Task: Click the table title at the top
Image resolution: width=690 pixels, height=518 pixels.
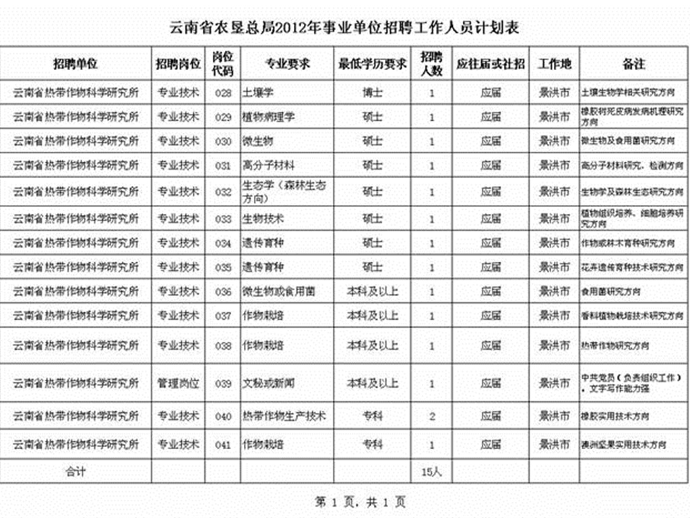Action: (x=344, y=28)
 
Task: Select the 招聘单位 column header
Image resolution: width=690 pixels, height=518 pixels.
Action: (x=75, y=63)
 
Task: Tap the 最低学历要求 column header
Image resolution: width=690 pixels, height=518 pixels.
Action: (x=373, y=63)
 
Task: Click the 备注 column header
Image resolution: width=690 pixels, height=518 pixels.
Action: (x=633, y=63)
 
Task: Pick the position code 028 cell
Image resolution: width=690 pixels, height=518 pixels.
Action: (x=223, y=92)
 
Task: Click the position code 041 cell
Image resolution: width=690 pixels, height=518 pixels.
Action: (x=223, y=445)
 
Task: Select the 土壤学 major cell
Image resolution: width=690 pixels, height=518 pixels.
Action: (x=257, y=92)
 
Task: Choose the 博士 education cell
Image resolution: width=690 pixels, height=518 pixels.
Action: (x=373, y=92)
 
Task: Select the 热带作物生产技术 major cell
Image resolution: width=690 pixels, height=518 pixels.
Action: (x=284, y=416)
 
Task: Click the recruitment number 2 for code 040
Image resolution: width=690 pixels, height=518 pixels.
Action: (x=432, y=416)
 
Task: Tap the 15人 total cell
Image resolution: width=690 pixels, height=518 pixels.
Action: (x=432, y=472)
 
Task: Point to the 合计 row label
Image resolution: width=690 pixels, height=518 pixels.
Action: (x=75, y=472)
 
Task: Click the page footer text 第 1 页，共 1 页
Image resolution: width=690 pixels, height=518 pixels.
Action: (x=360, y=502)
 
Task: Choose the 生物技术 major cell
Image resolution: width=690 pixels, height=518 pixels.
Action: (x=263, y=219)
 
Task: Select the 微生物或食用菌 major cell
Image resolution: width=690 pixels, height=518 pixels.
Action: (x=278, y=291)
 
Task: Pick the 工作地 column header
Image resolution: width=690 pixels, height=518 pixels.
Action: (x=555, y=63)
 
